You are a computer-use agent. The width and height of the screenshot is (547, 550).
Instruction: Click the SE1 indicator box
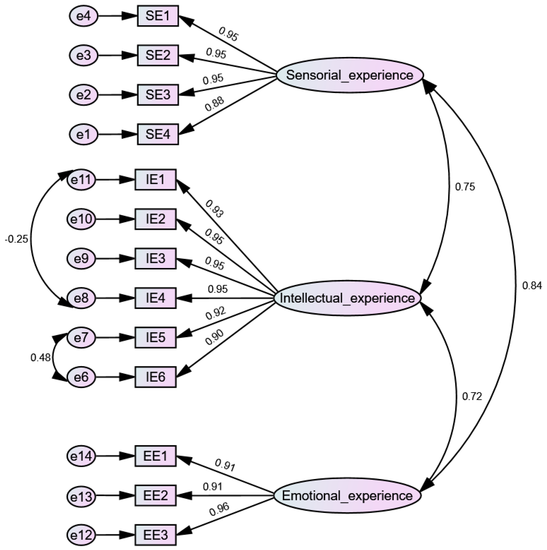point(158,16)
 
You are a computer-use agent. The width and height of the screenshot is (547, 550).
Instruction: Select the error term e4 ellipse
point(84,16)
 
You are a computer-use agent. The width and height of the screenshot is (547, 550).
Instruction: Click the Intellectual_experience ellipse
point(347,298)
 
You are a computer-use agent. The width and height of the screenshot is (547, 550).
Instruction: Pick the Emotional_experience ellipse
point(347,496)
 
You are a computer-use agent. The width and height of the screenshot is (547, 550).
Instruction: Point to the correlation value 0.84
point(532,285)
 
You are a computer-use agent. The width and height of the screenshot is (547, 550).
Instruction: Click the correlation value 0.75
point(465,187)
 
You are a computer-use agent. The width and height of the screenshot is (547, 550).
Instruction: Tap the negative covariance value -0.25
point(17,239)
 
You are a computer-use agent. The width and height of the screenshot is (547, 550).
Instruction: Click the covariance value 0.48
point(40,358)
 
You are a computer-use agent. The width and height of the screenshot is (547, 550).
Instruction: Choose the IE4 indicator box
point(156,298)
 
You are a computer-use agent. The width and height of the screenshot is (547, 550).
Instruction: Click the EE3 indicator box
point(156,535)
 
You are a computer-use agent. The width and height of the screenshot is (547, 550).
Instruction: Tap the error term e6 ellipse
point(81,377)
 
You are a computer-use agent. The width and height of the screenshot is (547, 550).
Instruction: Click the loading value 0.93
point(214,209)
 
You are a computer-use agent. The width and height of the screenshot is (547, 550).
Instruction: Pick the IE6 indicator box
point(156,377)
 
